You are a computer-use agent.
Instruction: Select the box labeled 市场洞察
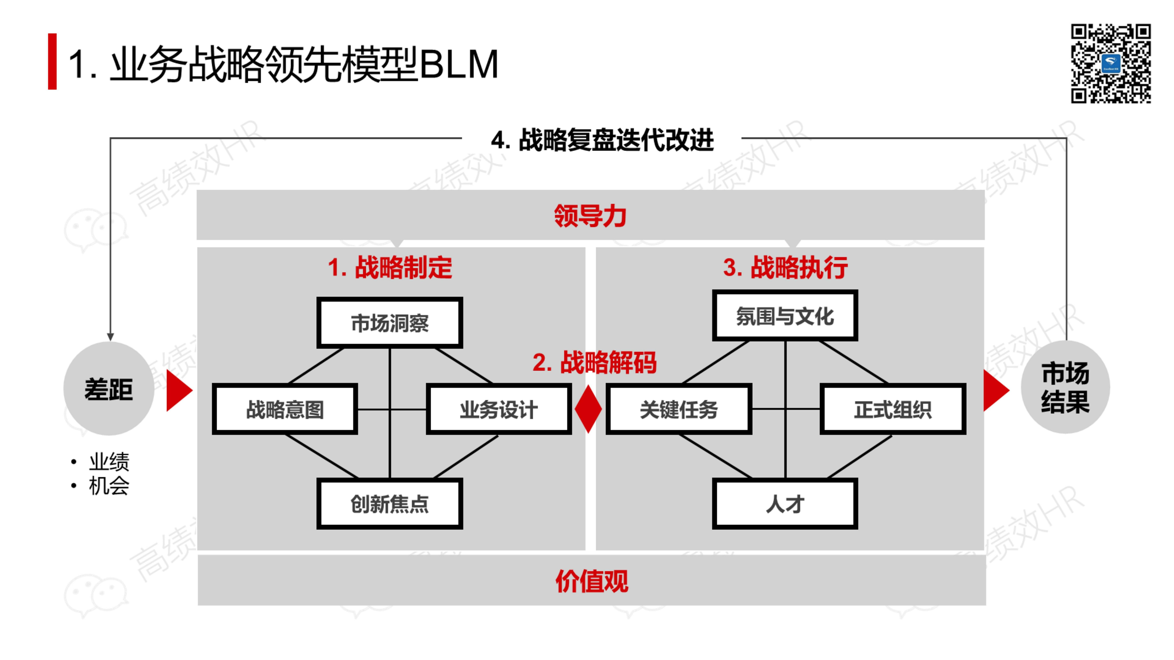[x=390, y=323]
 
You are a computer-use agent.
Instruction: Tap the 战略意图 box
[x=285, y=409]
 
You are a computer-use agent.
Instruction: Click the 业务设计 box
[x=499, y=409]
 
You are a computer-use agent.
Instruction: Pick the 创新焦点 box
[x=390, y=504]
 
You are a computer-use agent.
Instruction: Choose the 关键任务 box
[x=679, y=409]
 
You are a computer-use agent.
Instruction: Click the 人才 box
[x=785, y=504]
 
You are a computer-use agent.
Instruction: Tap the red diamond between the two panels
[x=588, y=409]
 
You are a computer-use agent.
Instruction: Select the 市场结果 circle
[x=1065, y=387]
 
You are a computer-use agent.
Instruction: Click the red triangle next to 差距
[x=178, y=390]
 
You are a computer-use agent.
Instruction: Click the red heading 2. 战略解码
[x=594, y=363]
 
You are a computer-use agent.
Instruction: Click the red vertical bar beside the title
[x=52, y=61]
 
